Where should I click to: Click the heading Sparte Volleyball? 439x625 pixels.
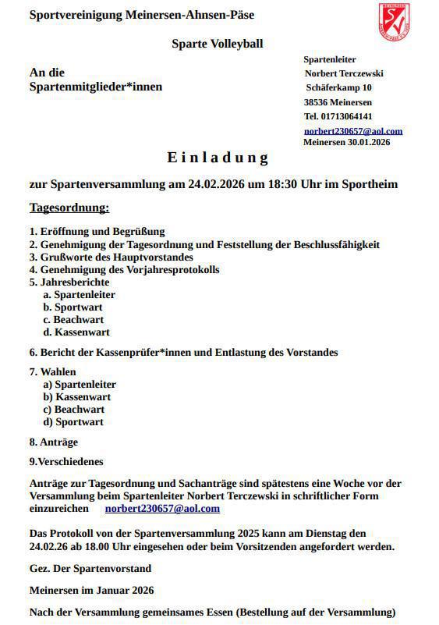point(218,44)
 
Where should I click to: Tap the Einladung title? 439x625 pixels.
point(218,158)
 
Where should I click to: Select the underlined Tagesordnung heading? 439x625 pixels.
point(69,208)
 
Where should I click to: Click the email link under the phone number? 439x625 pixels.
point(353,131)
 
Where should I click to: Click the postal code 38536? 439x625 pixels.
point(317,102)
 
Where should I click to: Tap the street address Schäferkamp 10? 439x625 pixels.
point(339,87)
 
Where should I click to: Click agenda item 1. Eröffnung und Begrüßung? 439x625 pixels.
point(97,232)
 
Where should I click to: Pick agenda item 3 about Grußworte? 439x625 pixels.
point(111,257)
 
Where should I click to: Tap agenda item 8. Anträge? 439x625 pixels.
point(54,442)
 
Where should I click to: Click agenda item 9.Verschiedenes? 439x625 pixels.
point(66,461)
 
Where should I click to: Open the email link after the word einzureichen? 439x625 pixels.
point(162,508)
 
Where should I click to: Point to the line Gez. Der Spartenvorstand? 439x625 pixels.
point(90,568)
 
